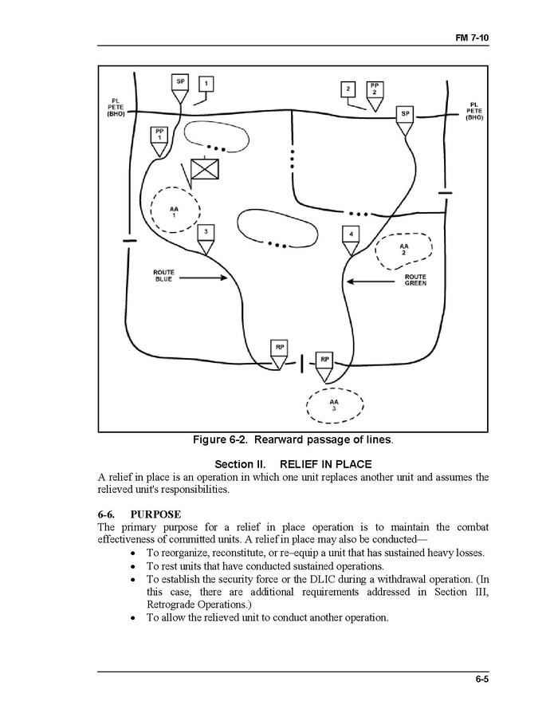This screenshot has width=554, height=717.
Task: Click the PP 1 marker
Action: tap(160, 134)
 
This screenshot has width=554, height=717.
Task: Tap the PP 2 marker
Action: tap(374, 89)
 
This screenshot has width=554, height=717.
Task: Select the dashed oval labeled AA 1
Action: tap(174, 210)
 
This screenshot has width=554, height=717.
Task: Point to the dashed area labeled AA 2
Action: tap(403, 250)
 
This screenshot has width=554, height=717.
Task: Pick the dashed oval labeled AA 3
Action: tap(334, 405)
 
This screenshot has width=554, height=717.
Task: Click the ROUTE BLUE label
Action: tap(163, 276)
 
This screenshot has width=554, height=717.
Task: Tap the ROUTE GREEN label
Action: tap(415, 280)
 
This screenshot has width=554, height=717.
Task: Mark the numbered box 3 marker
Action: tap(206, 233)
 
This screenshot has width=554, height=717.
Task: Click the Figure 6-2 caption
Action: tap(293, 440)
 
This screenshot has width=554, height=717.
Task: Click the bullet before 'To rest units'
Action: tap(132, 566)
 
